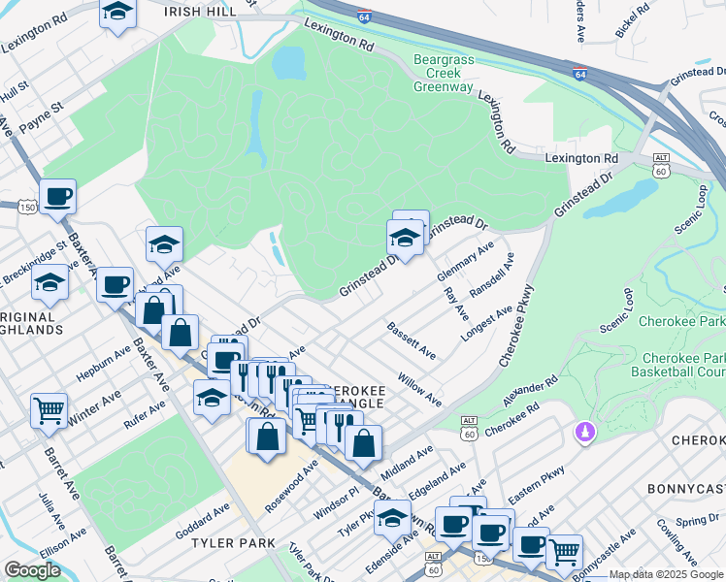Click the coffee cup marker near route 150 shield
point(58,196)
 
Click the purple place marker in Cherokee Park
point(584,430)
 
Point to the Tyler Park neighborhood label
point(232,542)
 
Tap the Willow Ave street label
point(418,388)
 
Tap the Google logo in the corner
point(32,569)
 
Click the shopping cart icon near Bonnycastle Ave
point(564,552)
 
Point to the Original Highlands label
point(31,323)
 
